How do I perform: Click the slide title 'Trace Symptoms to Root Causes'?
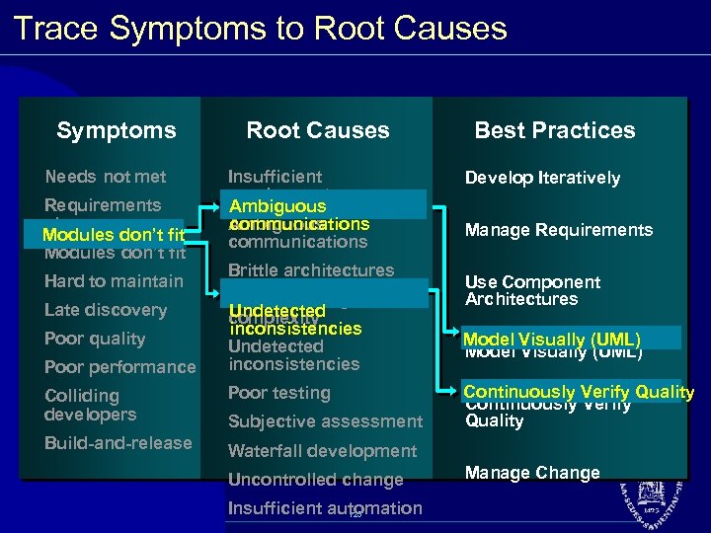click(261, 28)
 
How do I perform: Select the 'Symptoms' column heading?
click(117, 130)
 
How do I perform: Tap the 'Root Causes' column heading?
click(318, 130)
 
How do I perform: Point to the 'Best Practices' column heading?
click(555, 130)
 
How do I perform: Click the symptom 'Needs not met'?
click(106, 177)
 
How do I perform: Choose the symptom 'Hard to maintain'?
click(114, 281)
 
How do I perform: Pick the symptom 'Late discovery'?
click(106, 310)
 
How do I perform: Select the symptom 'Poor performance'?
click(120, 367)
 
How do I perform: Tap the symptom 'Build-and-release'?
click(118, 443)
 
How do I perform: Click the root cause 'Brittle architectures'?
click(311, 270)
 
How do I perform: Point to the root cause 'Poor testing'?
click(279, 393)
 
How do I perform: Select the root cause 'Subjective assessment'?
click(325, 421)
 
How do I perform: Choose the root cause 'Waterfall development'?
click(323, 451)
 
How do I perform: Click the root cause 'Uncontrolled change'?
click(316, 480)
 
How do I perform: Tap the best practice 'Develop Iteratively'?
click(542, 178)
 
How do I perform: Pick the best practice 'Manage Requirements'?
click(559, 230)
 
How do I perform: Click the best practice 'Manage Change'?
click(532, 473)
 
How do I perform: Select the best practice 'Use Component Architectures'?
click(533, 291)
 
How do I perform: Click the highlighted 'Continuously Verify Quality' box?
click(579, 392)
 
